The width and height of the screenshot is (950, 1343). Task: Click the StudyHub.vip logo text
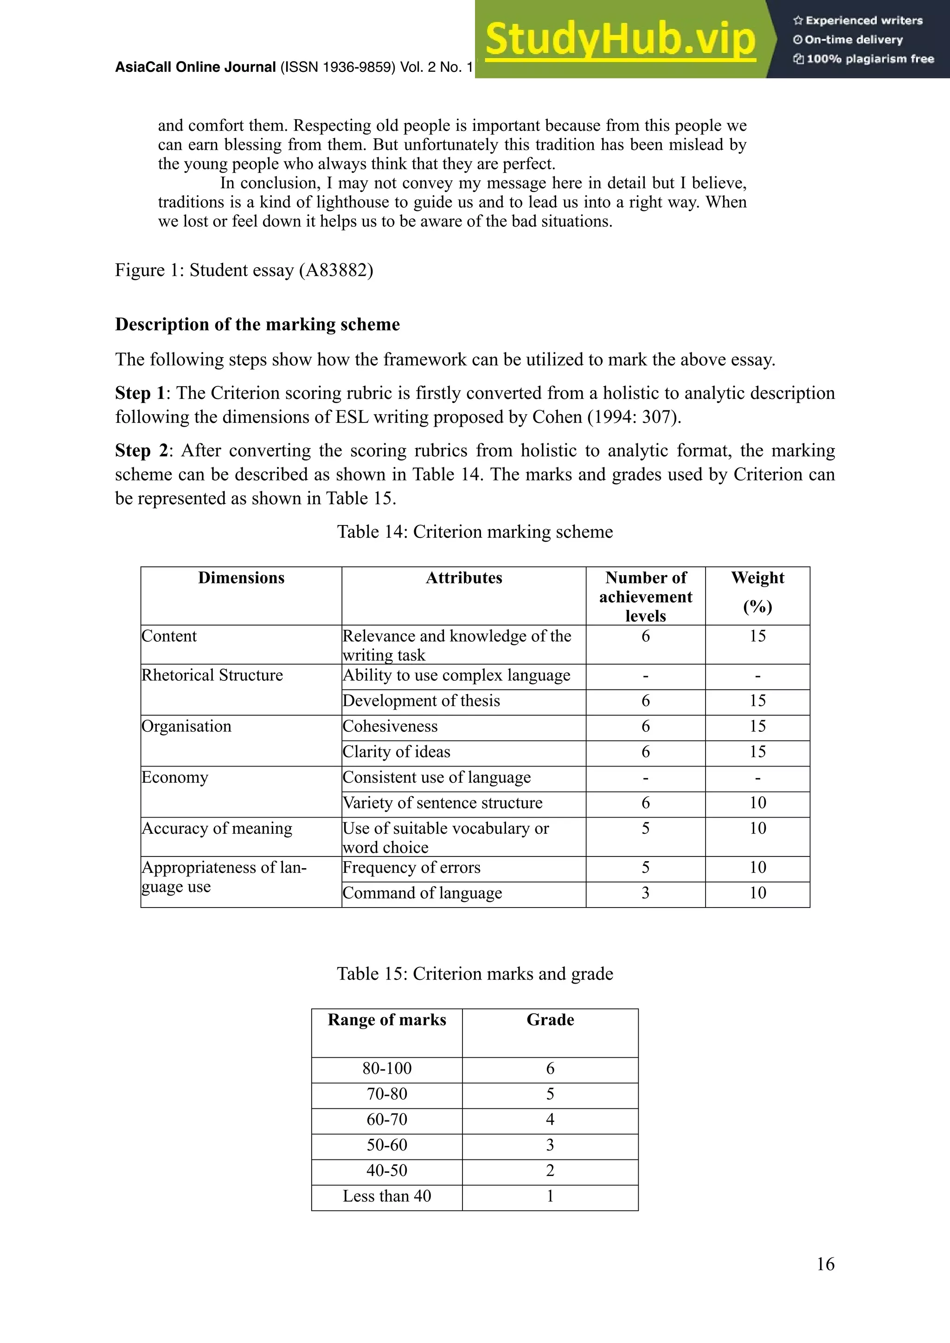tap(620, 40)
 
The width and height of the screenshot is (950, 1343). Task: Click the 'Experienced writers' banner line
tap(858, 20)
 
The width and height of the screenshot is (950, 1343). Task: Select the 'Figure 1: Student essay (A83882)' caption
tap(244, 270)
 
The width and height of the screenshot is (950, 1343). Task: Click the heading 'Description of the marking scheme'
tap(257, 325)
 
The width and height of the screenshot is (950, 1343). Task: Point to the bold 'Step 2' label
tap(141, 450)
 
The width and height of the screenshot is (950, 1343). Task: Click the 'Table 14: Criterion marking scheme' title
tap(475, 532)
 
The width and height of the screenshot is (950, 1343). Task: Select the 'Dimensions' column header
tap(241, 578)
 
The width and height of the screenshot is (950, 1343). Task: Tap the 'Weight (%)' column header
tap(757, 591)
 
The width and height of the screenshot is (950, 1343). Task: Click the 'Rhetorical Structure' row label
tap(212, 675)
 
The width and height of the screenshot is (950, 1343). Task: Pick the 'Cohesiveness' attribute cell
tap(390, 727)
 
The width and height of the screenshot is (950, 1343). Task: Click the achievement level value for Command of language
tap(645, 893)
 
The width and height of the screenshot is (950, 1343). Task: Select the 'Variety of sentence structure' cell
tap(442, 803)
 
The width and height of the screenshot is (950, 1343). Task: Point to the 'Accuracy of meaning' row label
tap(217, 828)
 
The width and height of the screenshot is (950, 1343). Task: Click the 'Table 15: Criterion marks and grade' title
tap(475, 974)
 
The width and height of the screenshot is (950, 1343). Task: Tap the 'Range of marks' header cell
tap(387, 1020)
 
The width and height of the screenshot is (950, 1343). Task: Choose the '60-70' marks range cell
tap(387, 1119)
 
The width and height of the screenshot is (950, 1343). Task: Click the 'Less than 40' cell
tap(387, 1196)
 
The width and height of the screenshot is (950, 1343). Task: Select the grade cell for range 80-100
tap(550, 1068)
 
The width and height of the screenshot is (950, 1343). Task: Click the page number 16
tap(825, 1265)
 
